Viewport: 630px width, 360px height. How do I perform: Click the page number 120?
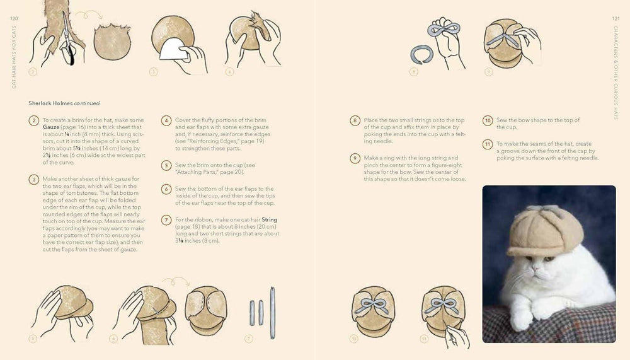[x=13, y=18]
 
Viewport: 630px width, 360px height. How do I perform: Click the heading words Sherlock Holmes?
[x=50, y=103]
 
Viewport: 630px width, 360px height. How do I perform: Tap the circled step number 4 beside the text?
[x=166, y=120]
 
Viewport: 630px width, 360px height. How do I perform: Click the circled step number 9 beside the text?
[x=355, y=158]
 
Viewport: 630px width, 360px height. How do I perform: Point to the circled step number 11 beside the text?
[x=488, y=144]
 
